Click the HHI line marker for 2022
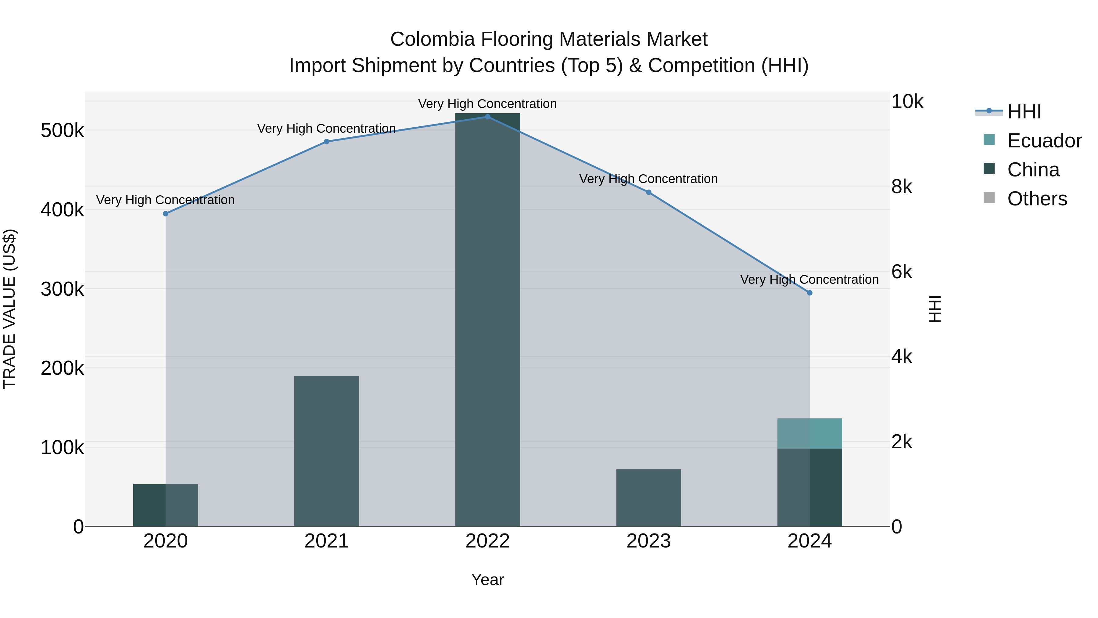[x=488, y=117]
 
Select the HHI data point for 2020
[x=166, y=214]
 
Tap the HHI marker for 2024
[x=810, y=293]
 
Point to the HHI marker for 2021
[x=326, y=142]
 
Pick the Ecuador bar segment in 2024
[x=809, y=433]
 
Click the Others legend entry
[x=1037, y=199]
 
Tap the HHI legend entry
[x=1024, y=112]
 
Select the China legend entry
[x=1033, y=170]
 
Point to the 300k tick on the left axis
[x=62, y=289]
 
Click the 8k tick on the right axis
[x=902, y=187]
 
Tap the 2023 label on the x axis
[x=648, y=541]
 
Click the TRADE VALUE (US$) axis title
[x=9, y=309]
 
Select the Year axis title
[x=488, y=580]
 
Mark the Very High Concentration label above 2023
[x=648, y=179]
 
